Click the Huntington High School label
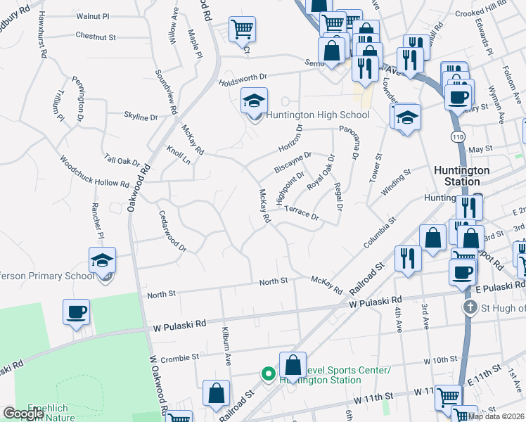tap(317, 115)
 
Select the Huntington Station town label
tap(461, 176)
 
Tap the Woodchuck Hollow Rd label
tap(94, 172)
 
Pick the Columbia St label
tap(380, 232)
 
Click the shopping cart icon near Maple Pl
tap(242, 30)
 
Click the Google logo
tap(23, 414)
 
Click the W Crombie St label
tap(176, 358)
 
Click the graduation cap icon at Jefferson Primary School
tap(102, 260)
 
